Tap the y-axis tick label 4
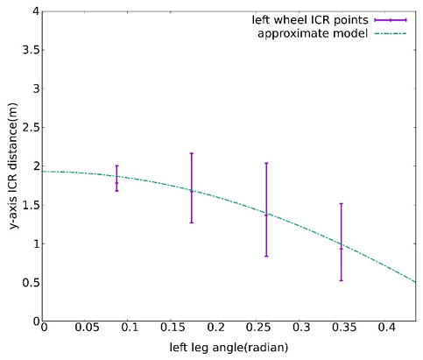click(x=35, y=11)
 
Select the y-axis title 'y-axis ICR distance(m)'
click(x=13, y=166)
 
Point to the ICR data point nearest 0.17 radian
click(x=191, y=190)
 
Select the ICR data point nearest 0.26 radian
click(x=266, y=214)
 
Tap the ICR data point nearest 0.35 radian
click(x=341, y=248)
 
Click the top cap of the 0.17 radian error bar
click(x=191, y=153)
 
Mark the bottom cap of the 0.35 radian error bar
click(x=341, y=280)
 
